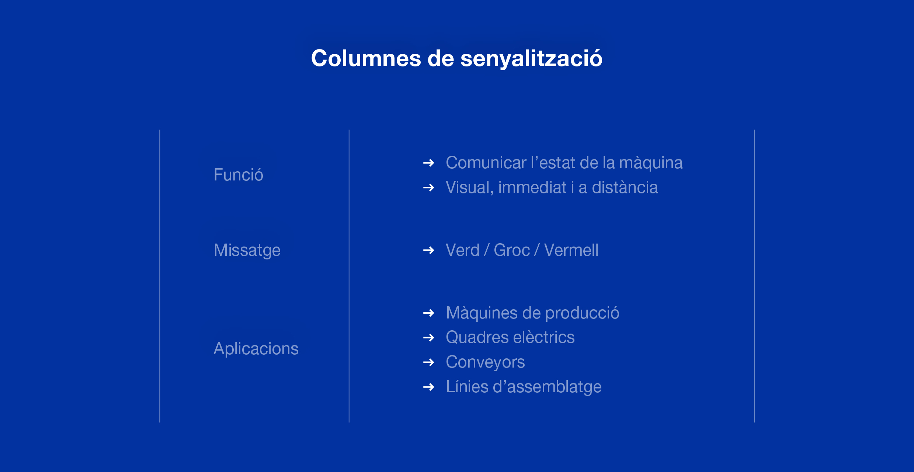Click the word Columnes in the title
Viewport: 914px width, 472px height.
point(366,58)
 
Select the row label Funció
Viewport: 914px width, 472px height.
point(238,174)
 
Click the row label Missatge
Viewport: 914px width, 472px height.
point(247,250)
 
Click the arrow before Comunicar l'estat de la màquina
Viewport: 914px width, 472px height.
point(429,163)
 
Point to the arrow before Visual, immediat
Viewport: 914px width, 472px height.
point(429,187)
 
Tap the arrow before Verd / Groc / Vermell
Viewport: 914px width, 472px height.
point(429,250)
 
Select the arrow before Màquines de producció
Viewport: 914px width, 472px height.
point(429,313)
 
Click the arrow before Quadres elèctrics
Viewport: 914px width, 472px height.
point(429,337)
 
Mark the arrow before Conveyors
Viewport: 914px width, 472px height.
point(429,362)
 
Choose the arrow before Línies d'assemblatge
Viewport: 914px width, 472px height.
point(429,387)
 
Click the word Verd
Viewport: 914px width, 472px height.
point(463,250)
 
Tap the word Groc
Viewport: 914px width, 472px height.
point(512,250)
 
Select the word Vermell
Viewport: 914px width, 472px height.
point(571,250)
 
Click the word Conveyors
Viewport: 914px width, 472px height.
point(485,362)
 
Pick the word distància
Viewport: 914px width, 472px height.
point(625,187)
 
